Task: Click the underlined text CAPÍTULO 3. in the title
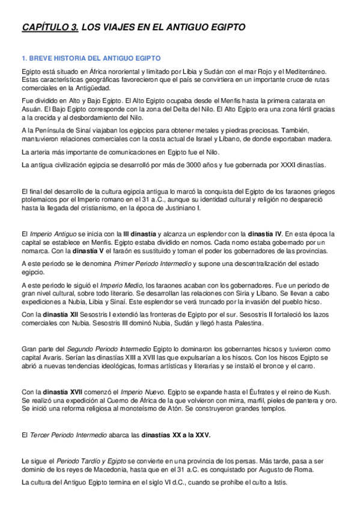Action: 49,27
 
